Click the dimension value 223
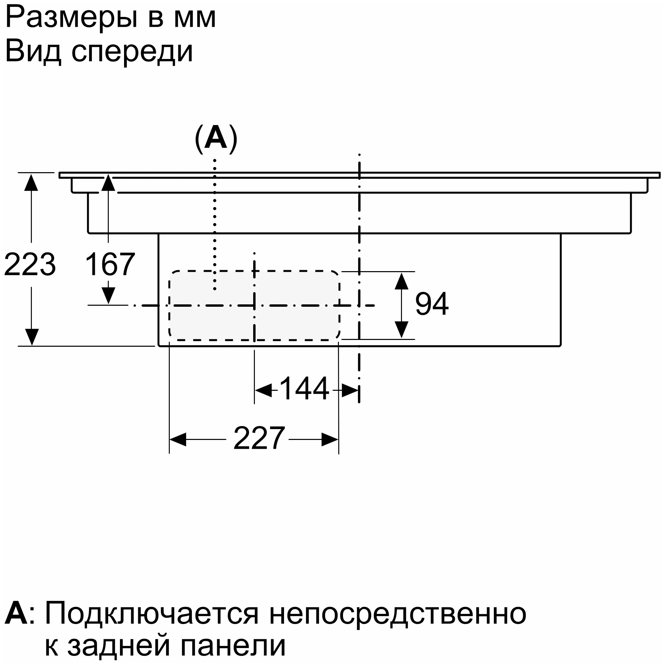(29, 265)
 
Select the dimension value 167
(110, 265)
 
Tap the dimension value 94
(431, 304)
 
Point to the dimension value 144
(304, 389)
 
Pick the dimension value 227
(259, 439)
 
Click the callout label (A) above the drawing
(216, 139)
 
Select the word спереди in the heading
(132, 52)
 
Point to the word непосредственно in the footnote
(398, 613)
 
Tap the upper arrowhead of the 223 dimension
(32, 182)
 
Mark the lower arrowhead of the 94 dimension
(401, 329)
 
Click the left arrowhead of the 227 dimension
(178, 440)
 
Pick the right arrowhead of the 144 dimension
(350, 390)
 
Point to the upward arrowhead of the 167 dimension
(108, 183)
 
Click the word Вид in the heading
(33, 52)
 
